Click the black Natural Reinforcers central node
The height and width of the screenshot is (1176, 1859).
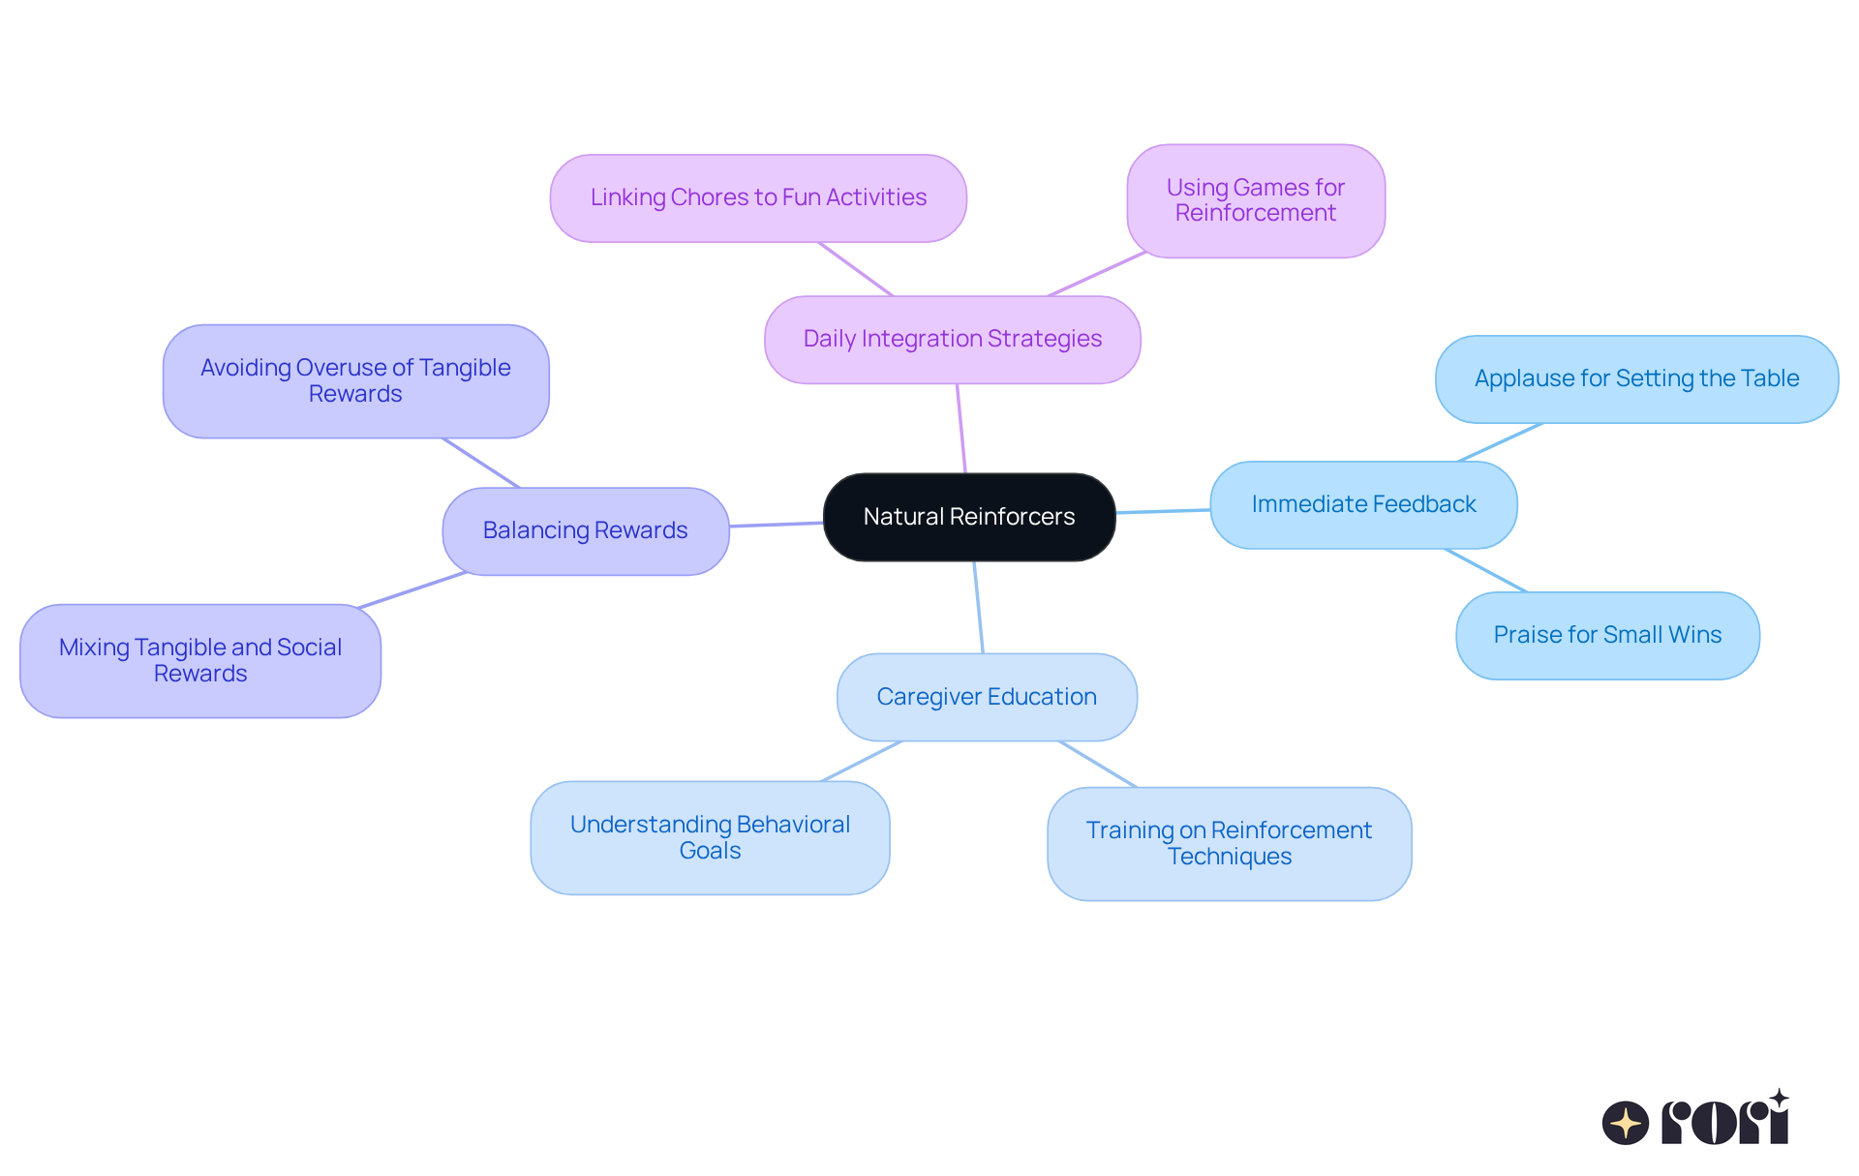point(968,517)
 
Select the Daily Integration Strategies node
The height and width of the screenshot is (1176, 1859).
point(952,340)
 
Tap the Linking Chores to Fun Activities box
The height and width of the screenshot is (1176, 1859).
point(758,198)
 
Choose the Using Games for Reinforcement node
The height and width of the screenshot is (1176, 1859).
point(1255,201)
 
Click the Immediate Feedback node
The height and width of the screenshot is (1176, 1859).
point(1362,505)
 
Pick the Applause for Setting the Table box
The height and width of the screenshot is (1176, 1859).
point(1636,379)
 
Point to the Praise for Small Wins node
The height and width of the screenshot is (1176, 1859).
point(1607,636)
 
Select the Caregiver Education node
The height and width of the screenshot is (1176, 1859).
point(986,697)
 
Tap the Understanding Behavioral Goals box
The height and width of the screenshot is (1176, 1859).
point(710,838)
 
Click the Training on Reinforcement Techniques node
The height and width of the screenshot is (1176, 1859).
point(1229,844)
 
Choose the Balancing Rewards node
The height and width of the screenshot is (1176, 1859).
point(585,531)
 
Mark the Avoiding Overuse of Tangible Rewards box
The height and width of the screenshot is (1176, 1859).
point(355,381)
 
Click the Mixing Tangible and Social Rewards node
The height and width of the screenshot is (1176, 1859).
point(200,661)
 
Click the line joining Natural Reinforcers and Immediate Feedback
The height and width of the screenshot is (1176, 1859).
point(1163,511)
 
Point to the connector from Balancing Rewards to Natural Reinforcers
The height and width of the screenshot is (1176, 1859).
point(776,525)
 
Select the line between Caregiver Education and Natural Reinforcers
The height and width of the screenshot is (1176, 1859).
point(979,608)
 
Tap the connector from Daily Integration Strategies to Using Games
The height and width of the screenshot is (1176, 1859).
point(1097,274)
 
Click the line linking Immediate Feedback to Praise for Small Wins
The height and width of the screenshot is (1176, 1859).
point(1486,570)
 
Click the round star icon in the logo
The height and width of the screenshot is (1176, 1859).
point(1625,1123)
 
